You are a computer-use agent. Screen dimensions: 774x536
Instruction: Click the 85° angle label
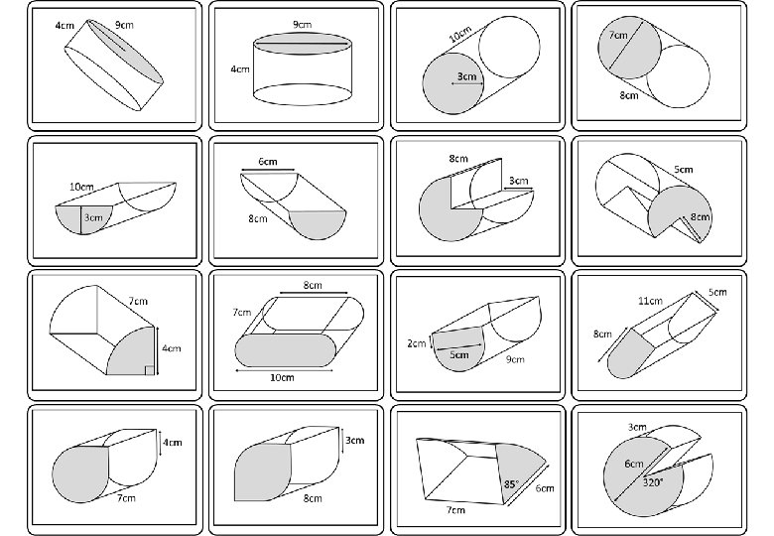(x=511, y=484)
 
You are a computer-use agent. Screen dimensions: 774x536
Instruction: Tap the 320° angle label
(x=653, y=482)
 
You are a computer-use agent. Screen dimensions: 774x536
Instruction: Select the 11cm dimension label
(x=650, y=301)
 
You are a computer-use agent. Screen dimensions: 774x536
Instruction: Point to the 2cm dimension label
(x=416, y=343)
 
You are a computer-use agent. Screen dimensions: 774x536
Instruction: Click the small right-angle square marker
(x=150, y=370)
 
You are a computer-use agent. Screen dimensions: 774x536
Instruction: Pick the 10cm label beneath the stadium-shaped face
(x=282, y=377)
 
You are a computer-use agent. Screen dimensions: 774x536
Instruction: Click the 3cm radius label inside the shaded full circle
(x=466, y=76)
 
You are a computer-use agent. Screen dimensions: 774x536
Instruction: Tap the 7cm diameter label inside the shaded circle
(x=618, y=35)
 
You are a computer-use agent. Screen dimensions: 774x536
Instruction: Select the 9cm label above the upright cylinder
(x=302, y=24)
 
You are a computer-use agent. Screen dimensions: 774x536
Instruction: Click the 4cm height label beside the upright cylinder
(x=240, y=69)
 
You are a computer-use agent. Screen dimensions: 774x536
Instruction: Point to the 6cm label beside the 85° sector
(x=545, y=488)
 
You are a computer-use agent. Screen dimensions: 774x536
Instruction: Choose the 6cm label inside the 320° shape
(x=634, y=464)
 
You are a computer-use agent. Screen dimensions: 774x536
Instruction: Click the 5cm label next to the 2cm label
(x=459, y=355)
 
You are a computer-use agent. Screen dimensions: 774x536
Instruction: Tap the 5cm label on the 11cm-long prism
(x=717, y=292)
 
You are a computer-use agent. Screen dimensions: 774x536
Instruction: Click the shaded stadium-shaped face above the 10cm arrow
(x=286, y=350)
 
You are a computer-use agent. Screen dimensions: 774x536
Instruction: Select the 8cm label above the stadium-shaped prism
(x=313, y=285)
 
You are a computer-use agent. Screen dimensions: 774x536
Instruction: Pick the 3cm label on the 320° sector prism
(x=637, y=427)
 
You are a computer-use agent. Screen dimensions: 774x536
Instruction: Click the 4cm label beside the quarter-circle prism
(x=172, y=348)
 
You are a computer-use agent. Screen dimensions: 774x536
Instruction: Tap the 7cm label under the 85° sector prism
(x=455, y=510)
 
